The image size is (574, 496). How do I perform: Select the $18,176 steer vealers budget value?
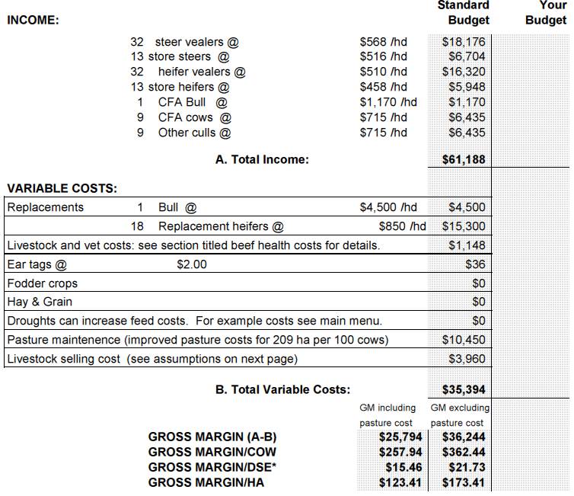[464, 42]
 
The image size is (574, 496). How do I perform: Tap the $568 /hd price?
[383, 42]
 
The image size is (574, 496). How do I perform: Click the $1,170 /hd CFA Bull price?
[388, 102]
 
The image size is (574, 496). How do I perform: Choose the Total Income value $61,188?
[464, 159]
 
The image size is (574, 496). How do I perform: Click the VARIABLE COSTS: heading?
[62, 188]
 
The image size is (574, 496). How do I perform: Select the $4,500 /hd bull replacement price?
[388, 207]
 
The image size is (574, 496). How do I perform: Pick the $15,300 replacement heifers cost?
[464, 226]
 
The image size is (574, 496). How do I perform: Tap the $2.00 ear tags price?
[192, 264]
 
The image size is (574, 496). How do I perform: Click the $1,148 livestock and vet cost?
[467, 245]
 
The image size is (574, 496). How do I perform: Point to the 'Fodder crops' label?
[42, 283]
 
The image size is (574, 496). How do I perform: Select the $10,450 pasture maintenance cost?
[464, 340]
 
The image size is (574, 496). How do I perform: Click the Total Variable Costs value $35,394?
[464, 390]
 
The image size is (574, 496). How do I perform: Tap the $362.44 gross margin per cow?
[461, 452]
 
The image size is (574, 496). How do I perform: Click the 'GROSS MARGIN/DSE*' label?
[212, 467]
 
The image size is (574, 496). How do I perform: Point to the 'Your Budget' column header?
[545, 13]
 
